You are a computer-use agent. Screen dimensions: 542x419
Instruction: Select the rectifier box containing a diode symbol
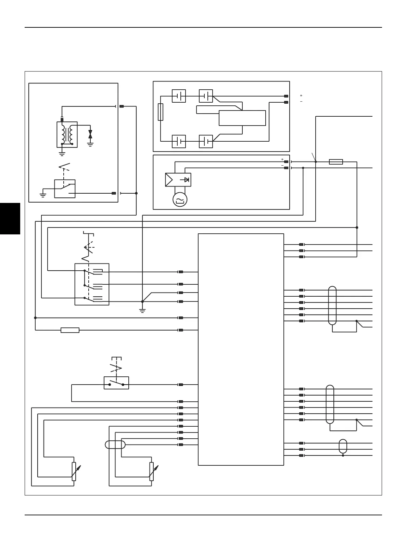click(178, 180)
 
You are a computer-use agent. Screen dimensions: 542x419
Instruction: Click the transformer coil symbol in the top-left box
click(67, 134)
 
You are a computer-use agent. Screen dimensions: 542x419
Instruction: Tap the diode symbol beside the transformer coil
click(90, 134)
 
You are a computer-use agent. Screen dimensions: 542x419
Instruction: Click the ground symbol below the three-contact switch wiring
click(142, 311)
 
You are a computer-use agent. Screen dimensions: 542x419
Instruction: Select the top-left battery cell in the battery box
click(179, 96)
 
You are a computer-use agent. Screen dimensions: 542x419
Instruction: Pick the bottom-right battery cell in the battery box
click(206, 141)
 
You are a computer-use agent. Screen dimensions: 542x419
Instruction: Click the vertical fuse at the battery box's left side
click(161, 112)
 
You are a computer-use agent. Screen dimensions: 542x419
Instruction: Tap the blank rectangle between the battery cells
click(242, 118)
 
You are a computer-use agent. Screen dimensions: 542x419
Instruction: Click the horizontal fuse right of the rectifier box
click(336, 162)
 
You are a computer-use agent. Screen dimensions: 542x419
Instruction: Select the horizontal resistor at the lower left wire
click(70, 330)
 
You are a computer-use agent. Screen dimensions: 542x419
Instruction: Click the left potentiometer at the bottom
click(74, 471)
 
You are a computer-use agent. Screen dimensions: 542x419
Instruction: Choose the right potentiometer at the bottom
click(151, 471)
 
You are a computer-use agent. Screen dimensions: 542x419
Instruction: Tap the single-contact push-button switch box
click(116, 383)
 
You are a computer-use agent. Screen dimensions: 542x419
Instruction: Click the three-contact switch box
click(92, 284)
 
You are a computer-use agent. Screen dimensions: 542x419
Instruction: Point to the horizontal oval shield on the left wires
click(115, 445)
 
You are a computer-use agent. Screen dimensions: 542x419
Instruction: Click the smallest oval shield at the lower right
click(343, 446)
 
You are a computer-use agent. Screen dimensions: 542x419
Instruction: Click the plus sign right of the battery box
click(301, 95)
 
